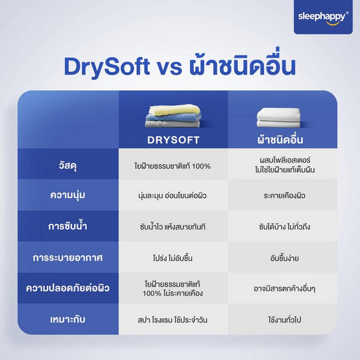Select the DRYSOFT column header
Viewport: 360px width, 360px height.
tap(173, 139)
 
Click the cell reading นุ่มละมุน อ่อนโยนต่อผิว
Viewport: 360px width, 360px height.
tap(173, 195)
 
